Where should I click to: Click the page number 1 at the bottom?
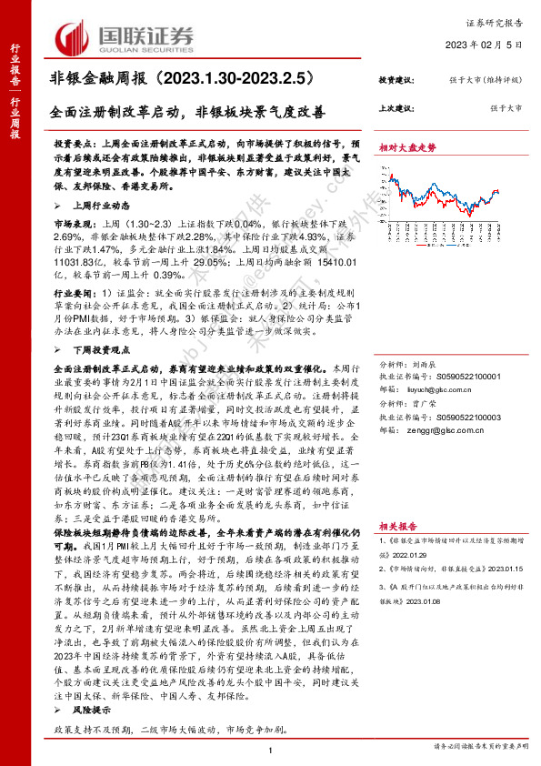pos(271,748)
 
